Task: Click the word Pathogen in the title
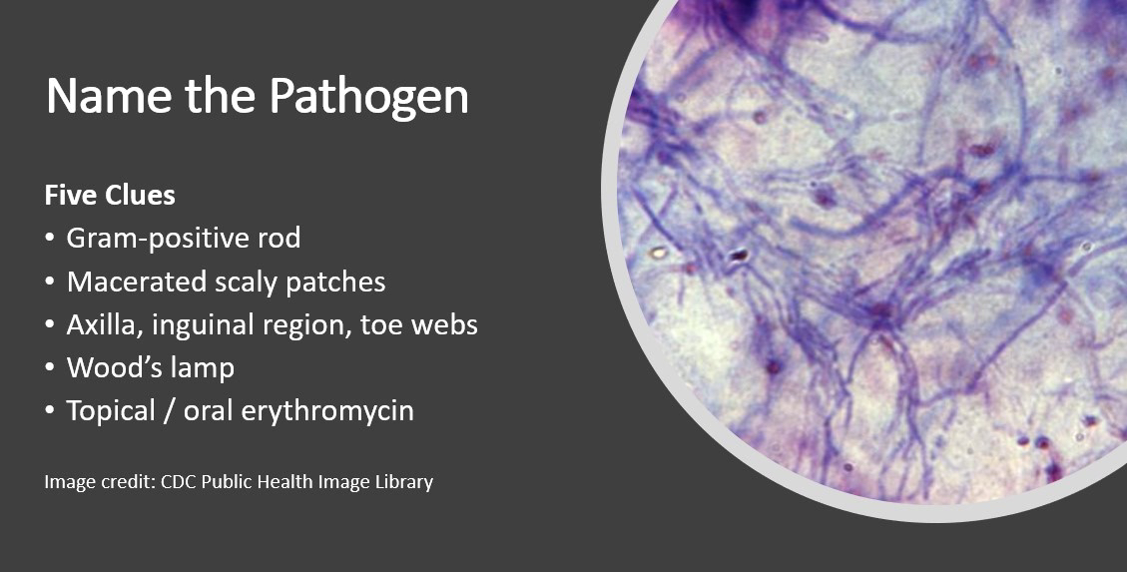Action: coord(369,98)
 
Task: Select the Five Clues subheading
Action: coord(110,196)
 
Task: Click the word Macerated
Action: coord(137,282)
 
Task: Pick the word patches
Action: coord(335,283)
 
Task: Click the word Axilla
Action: coord(103,324)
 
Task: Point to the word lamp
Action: coord(198,368)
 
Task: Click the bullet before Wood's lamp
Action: coord(50,368)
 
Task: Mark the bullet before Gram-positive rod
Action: coord(50,240)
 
